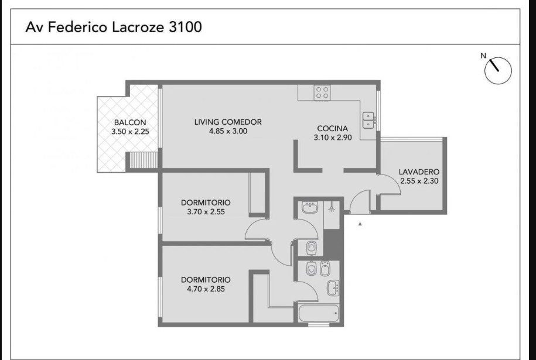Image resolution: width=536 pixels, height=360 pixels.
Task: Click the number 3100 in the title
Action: [183, 28]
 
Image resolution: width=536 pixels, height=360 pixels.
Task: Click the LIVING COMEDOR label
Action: [228, 122]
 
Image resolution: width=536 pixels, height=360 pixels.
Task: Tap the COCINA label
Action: [332, 129]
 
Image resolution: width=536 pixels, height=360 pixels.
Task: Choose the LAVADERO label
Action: [419, 172]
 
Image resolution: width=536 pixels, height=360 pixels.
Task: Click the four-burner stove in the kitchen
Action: [322, 92]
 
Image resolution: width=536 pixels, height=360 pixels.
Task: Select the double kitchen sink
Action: [368, 119]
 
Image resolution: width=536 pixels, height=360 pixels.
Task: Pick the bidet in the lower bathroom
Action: [310, 269]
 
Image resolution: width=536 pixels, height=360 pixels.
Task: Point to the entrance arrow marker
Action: [360, 224]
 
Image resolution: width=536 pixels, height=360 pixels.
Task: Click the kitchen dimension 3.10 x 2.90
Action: [332, 138]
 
